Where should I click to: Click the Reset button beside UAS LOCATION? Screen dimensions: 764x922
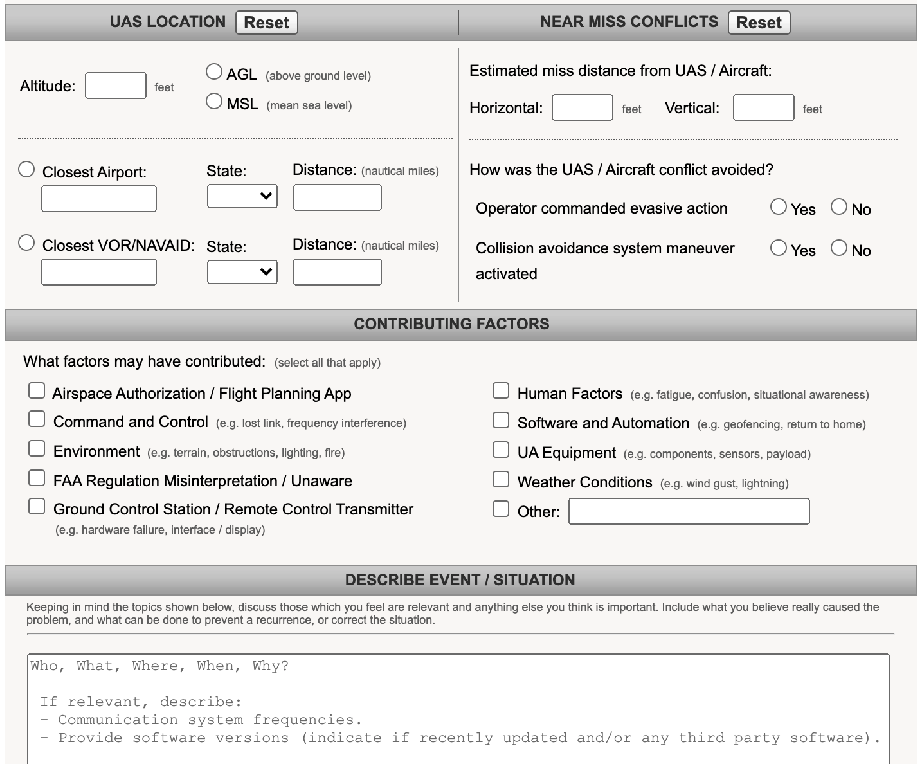(x=266, y=23)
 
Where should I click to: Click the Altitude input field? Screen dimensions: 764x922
(x=116, y=86)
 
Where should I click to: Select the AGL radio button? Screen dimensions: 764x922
(x=214, y=72)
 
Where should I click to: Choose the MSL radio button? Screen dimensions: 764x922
(x=214, y=102)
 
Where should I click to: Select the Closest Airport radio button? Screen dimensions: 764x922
(x=26, y=170)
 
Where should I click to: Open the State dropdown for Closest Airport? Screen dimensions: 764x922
(x=242, y=196)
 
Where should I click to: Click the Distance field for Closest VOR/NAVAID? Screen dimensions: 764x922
(x=337, y=272)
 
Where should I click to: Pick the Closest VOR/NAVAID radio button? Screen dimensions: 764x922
(x=26, y=243)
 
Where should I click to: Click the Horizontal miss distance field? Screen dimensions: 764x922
(x=582, y=107)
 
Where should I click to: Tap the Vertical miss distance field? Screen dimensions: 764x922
(x=763, y=107)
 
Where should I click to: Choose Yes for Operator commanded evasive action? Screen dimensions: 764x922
(x=779, y=206)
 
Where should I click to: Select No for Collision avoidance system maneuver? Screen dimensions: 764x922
(x=839, y=248)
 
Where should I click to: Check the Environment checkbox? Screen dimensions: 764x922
(x=37, y=448)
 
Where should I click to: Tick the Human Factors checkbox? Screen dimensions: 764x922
(x=501, y=390)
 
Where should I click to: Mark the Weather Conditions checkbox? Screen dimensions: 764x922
(x=501, y=479)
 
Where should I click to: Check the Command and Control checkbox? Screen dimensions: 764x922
(x=37, y=419)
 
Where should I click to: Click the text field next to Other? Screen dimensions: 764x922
(x=689, y=511)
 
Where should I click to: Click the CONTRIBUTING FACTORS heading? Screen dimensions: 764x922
(x=451, y=324)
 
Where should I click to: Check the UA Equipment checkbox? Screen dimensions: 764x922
(x=501, y=450)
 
